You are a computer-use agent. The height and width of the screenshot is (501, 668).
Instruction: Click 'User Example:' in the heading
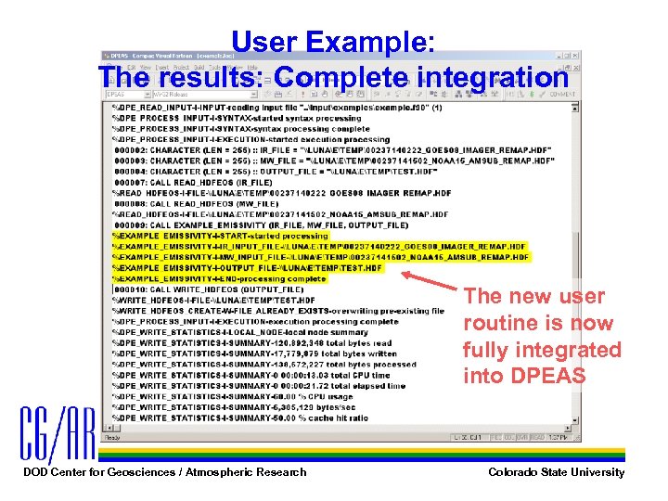point(329,43)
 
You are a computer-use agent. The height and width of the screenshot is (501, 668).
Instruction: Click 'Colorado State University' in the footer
point(556,472)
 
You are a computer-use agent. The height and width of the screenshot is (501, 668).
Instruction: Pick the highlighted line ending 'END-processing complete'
point(223,278)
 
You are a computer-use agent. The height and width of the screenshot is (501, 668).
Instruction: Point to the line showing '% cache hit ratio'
point(241,417)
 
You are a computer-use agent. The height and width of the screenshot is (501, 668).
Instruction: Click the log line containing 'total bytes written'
point(241,353)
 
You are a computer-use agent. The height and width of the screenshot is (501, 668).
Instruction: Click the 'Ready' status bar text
point(114,436)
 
